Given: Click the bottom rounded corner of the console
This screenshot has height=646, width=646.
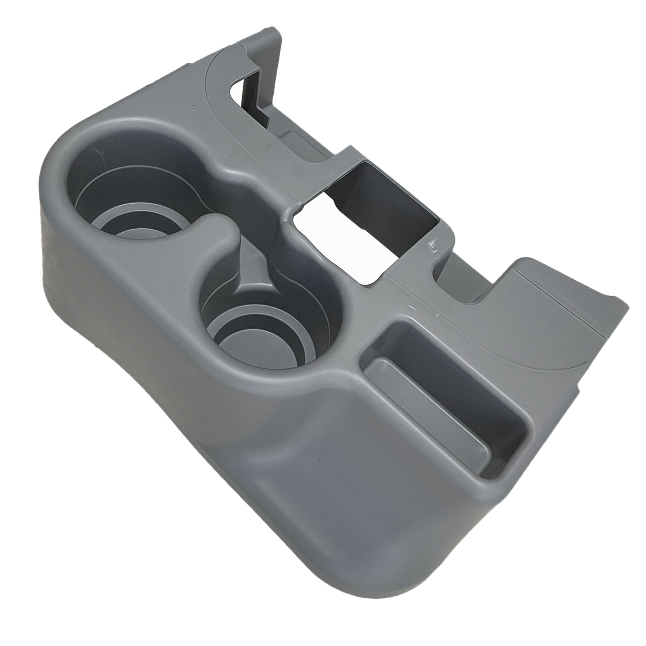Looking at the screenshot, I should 406,572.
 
